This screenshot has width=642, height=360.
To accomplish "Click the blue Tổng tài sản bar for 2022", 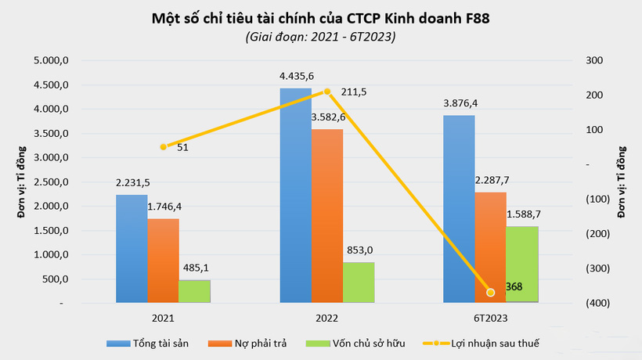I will tap(295, 196).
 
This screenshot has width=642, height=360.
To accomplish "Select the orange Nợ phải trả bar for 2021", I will tap(163, 261).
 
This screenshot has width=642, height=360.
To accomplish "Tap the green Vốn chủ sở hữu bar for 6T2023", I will tap(522, 265).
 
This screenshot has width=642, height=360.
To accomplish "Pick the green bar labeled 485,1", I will tap(194, 291).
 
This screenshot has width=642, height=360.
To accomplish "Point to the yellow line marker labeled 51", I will tap(164, 147).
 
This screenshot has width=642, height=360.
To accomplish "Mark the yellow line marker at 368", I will tap(491, 293).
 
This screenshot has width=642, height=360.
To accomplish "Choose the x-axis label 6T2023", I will tap(491, 319).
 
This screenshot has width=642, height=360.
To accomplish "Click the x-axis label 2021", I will tap(163, 319).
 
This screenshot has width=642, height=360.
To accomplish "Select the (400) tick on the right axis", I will tap(594, 303).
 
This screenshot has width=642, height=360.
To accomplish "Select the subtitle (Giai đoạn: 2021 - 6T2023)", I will tap(320, 37).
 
